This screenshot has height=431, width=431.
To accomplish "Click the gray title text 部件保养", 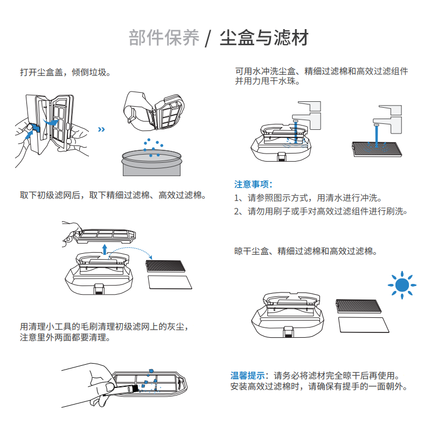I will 164,38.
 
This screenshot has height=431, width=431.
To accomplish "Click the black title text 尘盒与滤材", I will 264,38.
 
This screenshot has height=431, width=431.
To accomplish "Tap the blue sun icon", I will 401,284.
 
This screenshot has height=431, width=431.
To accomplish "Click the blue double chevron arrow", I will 101,129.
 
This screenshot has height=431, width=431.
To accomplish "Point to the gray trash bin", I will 152,163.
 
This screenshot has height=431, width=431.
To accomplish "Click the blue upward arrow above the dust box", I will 105,248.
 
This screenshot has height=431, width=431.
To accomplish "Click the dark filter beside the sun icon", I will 359,305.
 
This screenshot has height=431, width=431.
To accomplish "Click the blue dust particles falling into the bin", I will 152,146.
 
